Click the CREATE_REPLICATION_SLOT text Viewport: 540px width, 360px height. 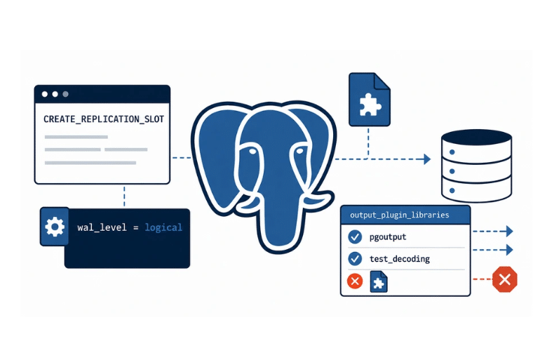104,119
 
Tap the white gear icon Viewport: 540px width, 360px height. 55,227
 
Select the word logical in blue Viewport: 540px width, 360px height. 163,227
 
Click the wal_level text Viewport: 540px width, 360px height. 102,227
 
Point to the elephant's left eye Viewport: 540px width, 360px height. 252,152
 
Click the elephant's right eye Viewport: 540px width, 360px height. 299,151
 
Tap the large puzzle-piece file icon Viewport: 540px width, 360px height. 369,100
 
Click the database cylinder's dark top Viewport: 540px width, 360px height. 476,138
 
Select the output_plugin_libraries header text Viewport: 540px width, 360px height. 400,215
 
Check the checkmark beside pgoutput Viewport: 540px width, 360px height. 355,237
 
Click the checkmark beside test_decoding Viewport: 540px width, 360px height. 355,259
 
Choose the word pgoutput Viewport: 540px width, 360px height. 388,237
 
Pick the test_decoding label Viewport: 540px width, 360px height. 400,259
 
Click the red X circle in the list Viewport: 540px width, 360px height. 355,281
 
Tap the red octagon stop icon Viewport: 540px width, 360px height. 505,279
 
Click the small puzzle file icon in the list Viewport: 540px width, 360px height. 379,281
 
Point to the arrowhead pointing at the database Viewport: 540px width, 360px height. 427,159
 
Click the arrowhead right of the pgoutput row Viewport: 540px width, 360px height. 509,231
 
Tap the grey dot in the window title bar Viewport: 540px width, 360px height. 65,94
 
